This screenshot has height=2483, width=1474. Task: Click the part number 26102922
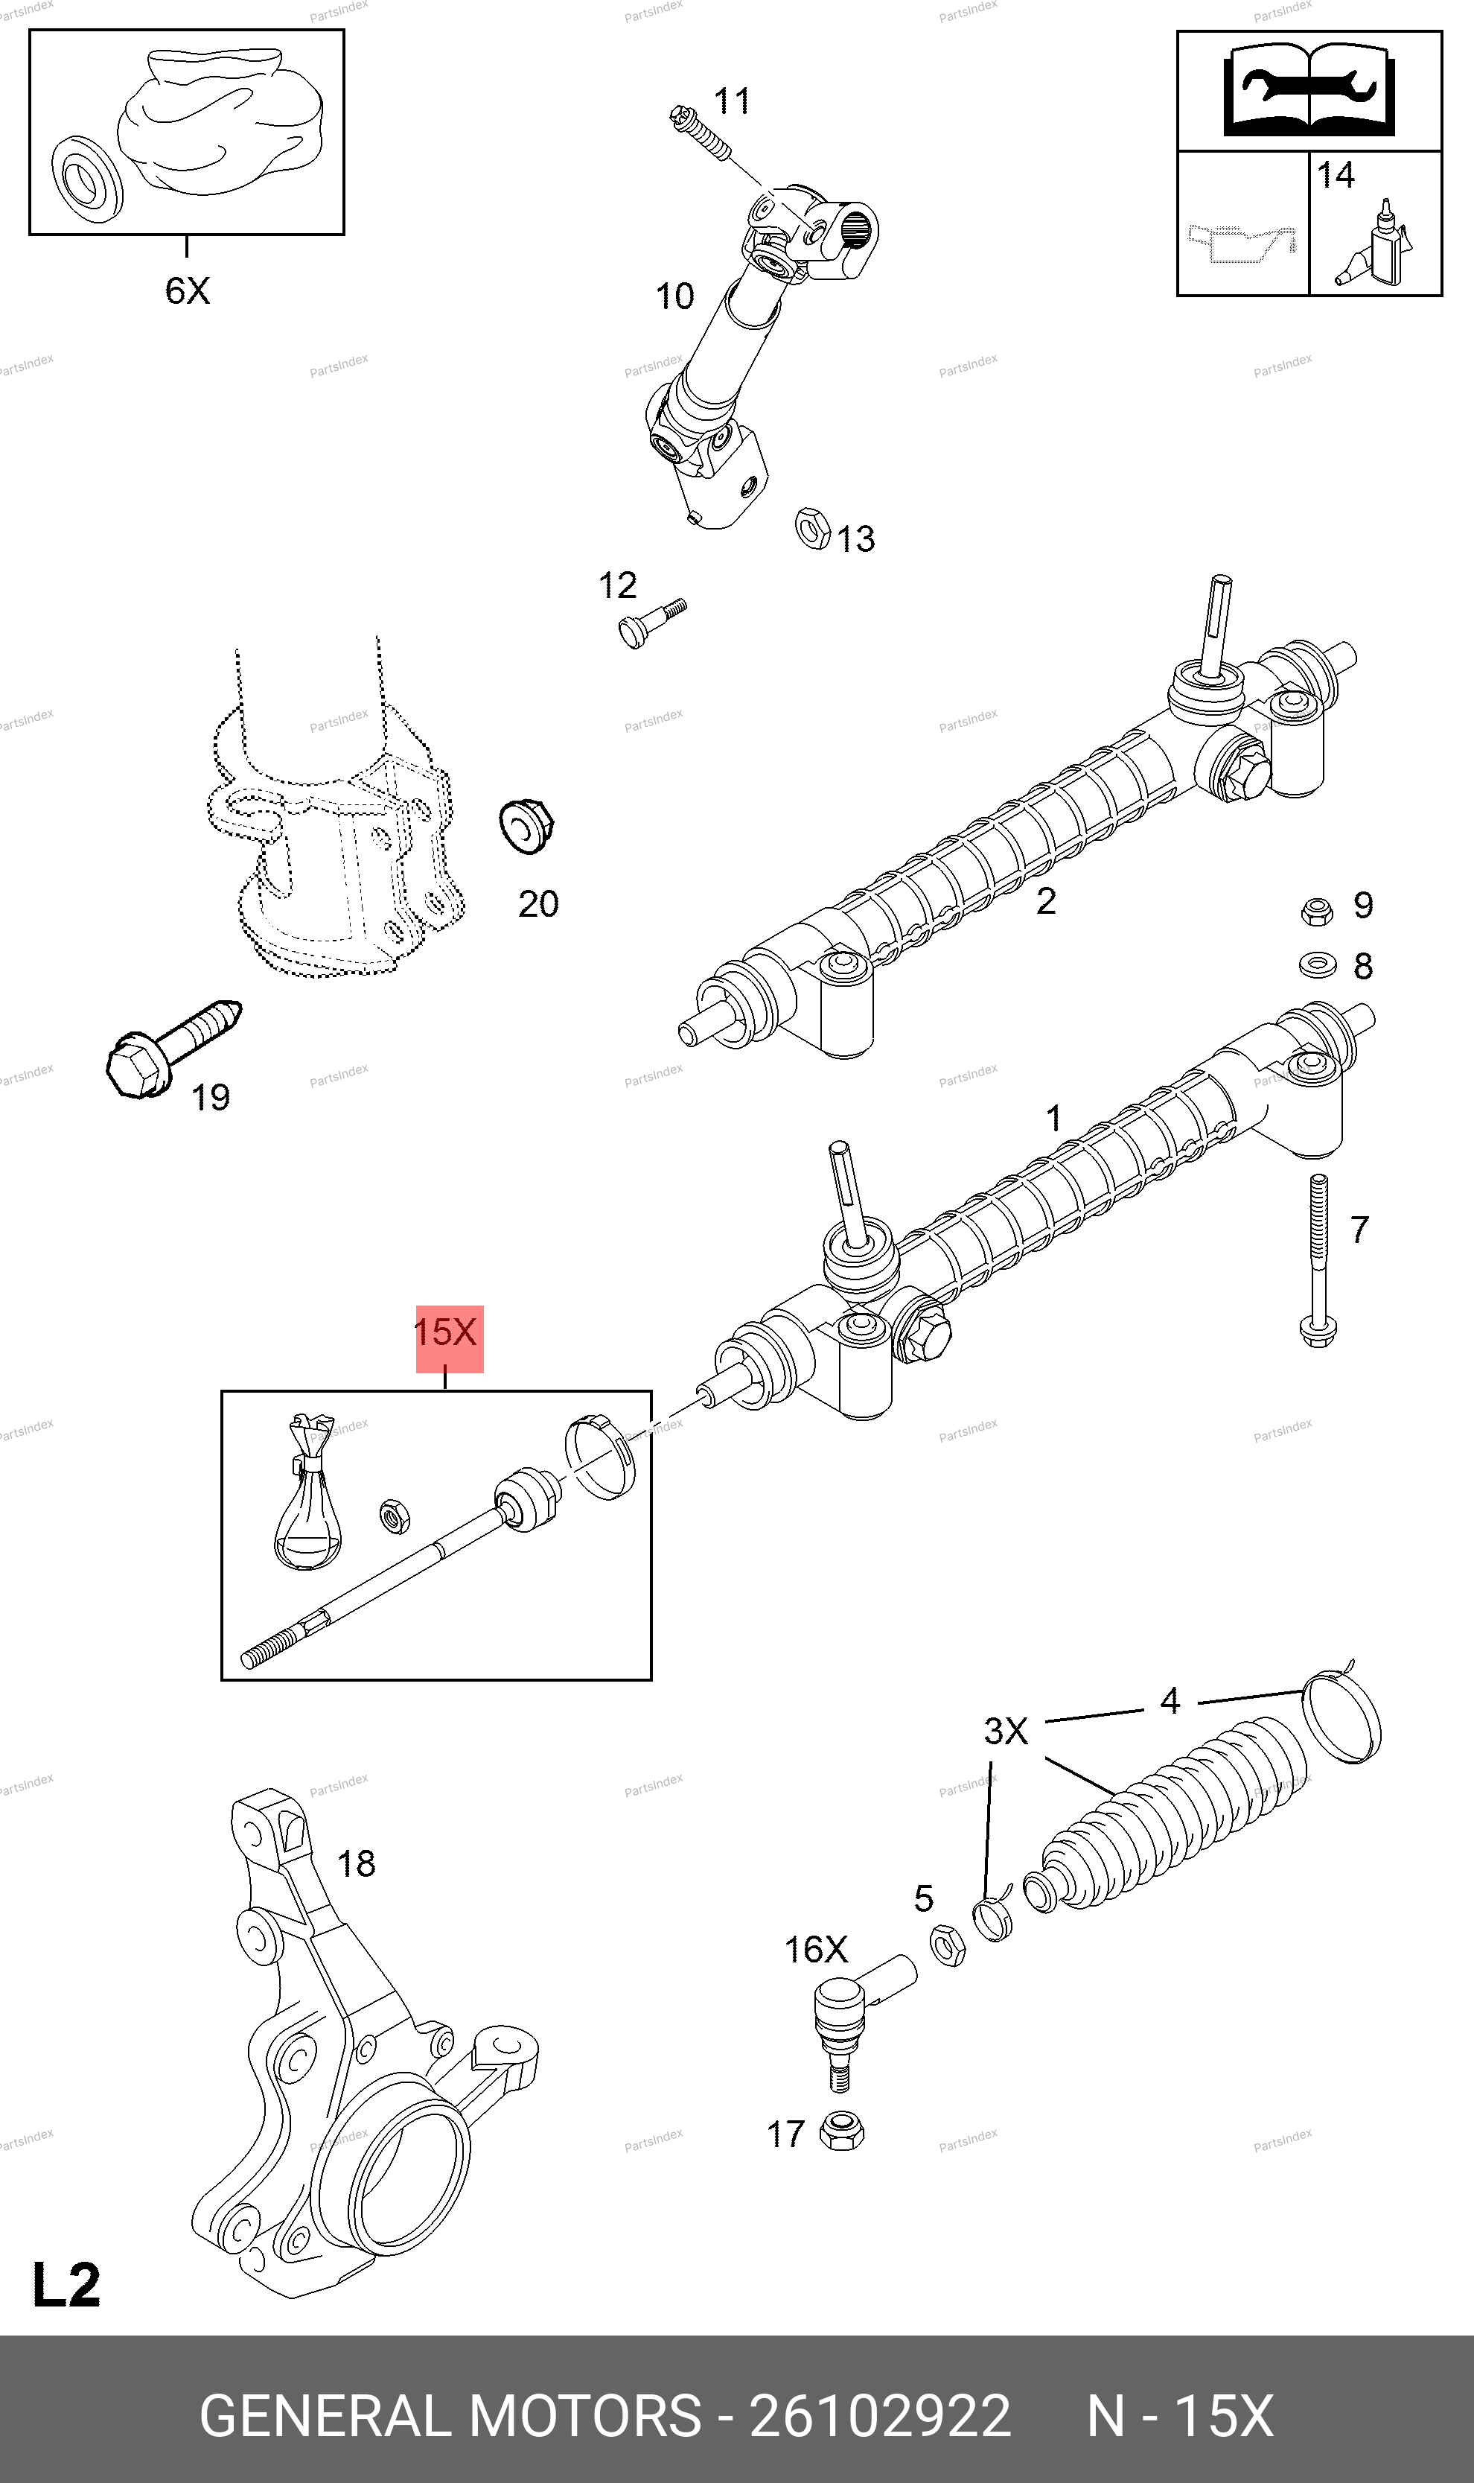[880, 2417]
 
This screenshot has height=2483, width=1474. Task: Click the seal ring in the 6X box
[86, 179]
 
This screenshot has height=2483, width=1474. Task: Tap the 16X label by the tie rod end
[815, 1950]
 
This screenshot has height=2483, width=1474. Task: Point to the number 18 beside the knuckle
[357, 1863]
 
